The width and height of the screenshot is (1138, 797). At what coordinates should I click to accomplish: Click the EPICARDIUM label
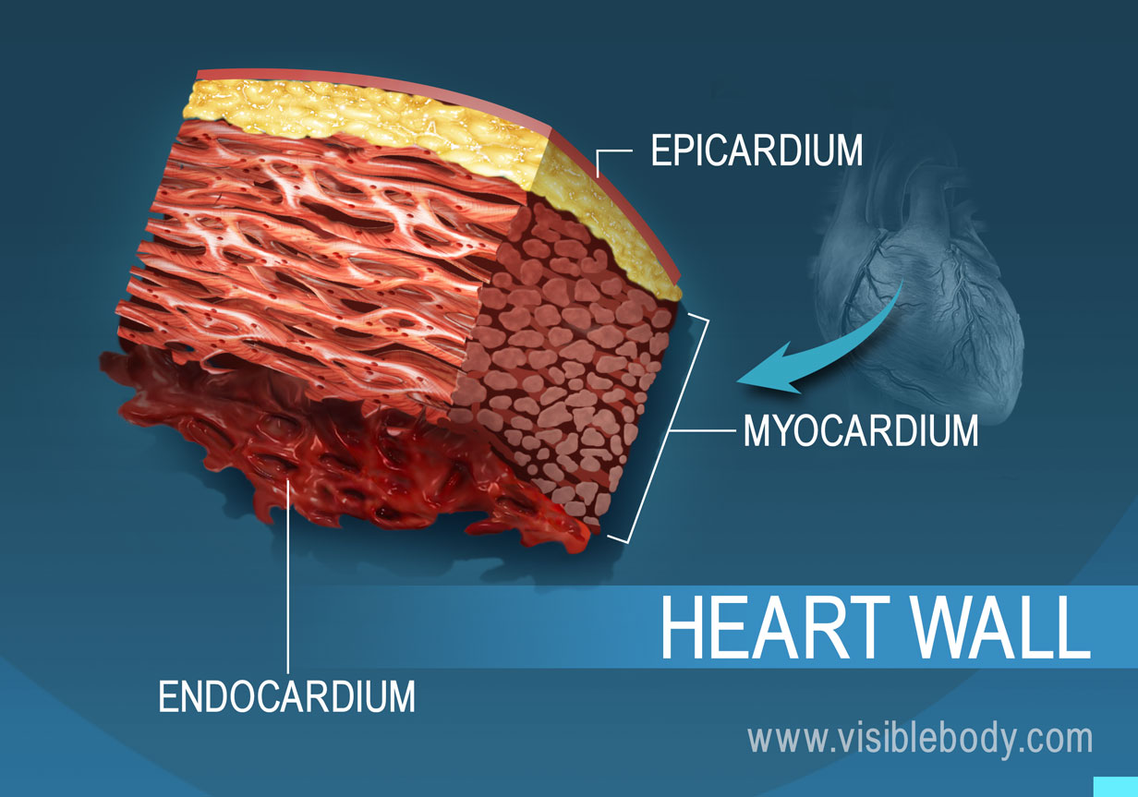[x=757, y=151]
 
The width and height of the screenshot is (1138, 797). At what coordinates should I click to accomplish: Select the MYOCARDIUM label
[x=860, y=430]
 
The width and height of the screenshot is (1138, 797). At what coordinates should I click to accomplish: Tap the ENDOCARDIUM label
[x=286, y=696]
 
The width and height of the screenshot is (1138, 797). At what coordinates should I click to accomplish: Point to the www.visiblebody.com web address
[x=920, y=739]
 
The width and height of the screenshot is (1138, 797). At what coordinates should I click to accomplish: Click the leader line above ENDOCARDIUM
[x=289, y=573]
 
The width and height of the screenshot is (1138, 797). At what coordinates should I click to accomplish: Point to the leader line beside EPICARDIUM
[x=614, y=153]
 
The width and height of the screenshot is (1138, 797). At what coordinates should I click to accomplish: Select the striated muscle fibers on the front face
[x=305, y=249]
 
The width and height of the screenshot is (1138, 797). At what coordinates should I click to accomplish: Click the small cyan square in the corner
[x=1115, y=786]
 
